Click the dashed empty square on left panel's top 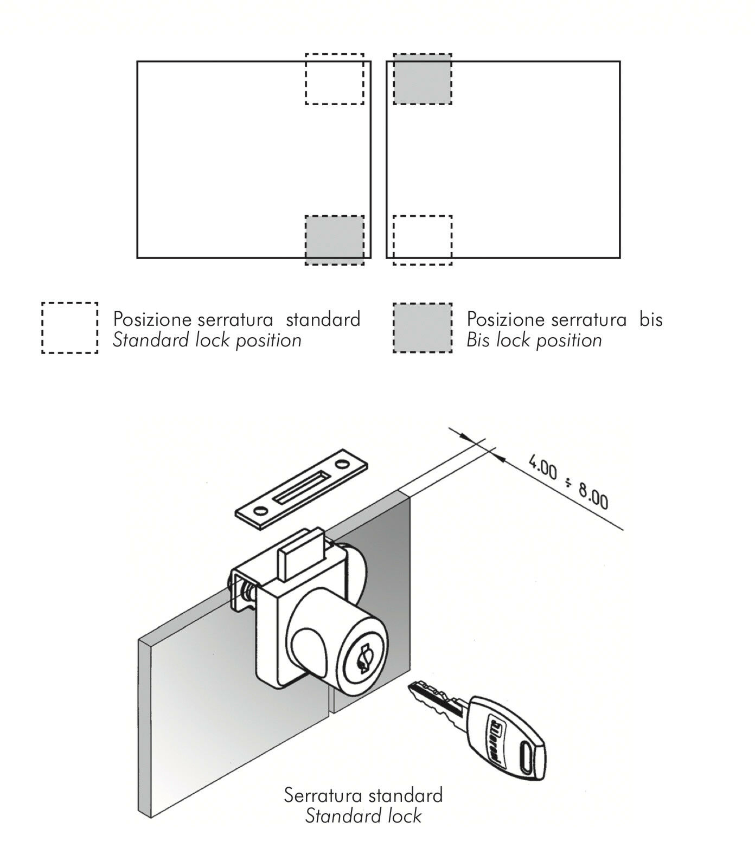click(x=334, y=79)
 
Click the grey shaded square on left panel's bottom click(x=334, y=240)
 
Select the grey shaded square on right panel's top click(x=422, y=79)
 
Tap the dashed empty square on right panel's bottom click(x=422, y=240)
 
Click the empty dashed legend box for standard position click(x=69, y=328)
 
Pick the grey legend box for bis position click(x=422, y=328)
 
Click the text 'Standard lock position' click(x=207, y=341)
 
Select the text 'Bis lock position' click(x=534, y=341)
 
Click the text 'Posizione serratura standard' click(x=236, y=319)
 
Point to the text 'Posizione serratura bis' click(x=565, y=319)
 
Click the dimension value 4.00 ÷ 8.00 click(x=568, y=483)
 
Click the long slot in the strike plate click(x=300, y=487)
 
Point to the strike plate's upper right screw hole click(x=342, y=465)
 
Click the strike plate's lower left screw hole click(x=261, y=511)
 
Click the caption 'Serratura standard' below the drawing click(x=363, y=795)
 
